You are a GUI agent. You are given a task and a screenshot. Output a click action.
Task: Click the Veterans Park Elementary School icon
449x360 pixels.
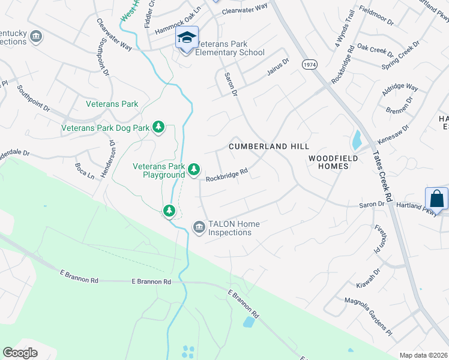click(x=187, y=38)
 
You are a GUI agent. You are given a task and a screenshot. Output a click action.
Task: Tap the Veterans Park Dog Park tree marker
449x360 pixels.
click(x=158, y=127)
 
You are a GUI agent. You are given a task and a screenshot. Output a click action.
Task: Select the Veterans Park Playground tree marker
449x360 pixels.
click(x=193, y=170)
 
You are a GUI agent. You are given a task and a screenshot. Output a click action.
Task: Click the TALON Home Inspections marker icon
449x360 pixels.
click(x=199, y=227)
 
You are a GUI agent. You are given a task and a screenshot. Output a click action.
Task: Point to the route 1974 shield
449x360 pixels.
click(x=310, y=64)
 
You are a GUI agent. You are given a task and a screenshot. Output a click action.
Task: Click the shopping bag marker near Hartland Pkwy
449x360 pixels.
click(x=436, y=199)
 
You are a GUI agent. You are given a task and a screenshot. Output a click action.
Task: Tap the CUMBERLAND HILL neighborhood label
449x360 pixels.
click(x=270, y=146)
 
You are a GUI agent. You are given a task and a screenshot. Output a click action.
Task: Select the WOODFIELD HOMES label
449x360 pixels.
click(x=333, y=162)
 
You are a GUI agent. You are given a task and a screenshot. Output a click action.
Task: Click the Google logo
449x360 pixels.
click(x=20, y=352)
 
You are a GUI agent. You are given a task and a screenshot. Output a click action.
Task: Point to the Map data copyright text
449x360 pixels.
click(x=423, y=355)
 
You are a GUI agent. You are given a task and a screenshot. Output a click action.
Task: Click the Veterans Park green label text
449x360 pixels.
click(x=112, y=104)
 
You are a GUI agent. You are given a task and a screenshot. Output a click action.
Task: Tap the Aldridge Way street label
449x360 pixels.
click(x=400, y=91)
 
